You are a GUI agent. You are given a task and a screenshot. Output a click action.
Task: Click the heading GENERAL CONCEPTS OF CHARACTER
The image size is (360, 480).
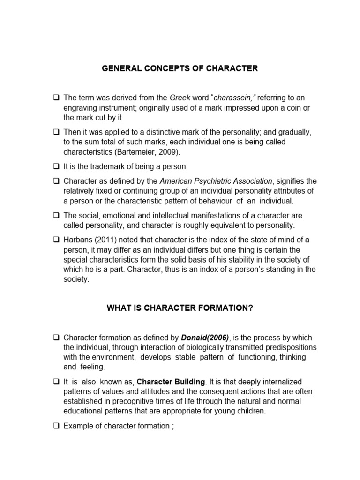(180, 68)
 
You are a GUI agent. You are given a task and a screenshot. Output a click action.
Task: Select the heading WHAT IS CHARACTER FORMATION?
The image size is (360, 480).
(180, 308)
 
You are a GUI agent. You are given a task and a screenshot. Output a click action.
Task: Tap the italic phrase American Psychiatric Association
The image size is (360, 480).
(216, 181)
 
